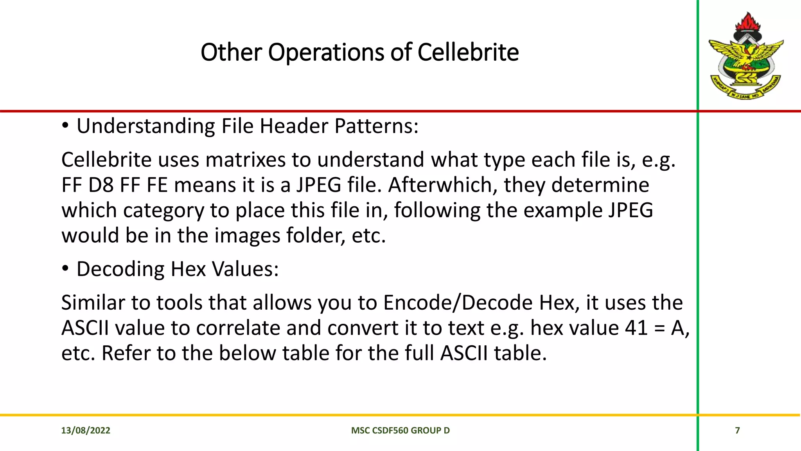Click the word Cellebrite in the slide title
pos(468,52)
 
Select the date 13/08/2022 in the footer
pos(86,430)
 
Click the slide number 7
pos(737,430)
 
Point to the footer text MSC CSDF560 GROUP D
pos(400,430)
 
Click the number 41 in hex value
pos(637,328)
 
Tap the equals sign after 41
pos(659,328)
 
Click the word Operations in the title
pos(326,52)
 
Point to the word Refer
pos(126,353)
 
